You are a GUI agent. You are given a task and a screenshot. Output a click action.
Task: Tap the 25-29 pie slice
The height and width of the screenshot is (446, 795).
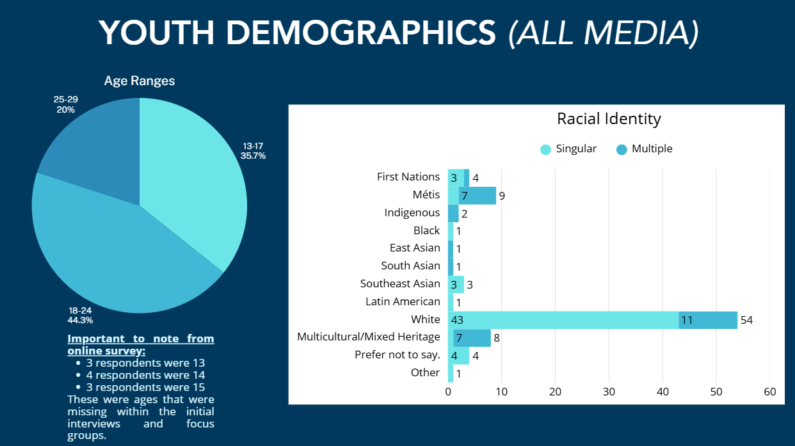tap(96, 147)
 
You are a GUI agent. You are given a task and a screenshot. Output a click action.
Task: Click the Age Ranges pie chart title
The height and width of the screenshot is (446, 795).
tap(140, 81)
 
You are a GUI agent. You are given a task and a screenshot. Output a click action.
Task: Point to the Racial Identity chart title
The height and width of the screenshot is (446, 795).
tap(609, 118)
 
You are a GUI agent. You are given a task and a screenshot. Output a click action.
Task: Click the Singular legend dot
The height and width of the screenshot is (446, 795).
tap(545, 150)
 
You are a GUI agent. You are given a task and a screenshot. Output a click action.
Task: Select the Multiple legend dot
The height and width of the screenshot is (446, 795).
tap(622, 150)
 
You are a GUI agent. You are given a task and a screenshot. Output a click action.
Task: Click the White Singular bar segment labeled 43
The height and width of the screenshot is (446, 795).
tap(563, 319)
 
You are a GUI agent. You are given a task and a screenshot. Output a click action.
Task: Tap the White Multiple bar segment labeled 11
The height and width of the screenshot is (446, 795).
tap(708, 319)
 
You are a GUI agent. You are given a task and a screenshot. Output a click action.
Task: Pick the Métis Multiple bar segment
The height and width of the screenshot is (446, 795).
tap(478, 195)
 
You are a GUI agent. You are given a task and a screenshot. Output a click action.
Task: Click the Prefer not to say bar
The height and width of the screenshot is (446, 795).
tap(458, 355)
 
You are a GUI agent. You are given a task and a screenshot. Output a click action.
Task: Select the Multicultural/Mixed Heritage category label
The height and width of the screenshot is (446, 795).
tap(369, 337)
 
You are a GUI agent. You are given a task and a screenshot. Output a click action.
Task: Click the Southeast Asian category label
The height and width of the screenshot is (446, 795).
tap(400, 283)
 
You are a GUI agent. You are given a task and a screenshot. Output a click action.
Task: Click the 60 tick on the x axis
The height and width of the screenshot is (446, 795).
tap(769, 392)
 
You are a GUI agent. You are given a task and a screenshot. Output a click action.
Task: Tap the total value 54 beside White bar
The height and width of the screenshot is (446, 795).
tap(746, 320)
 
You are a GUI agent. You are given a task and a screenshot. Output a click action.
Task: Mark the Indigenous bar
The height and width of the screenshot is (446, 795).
tap(453, 213)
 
